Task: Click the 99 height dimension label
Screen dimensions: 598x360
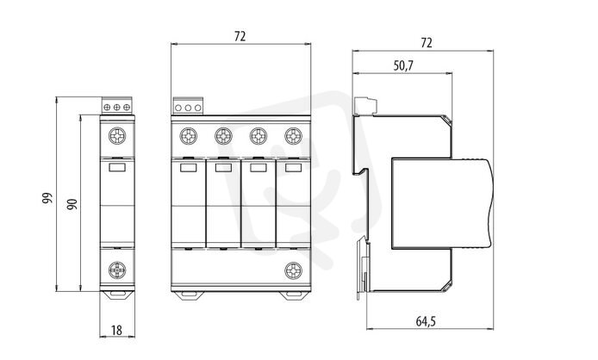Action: (47, 198)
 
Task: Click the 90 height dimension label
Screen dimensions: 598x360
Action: (72, 203)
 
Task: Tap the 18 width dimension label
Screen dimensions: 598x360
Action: (116, 330)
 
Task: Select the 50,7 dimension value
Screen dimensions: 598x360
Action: (403, 65)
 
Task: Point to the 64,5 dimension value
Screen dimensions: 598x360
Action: (426, 321)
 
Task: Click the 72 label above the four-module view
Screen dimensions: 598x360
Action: (240, 36)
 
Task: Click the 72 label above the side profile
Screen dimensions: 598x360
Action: (426, 43)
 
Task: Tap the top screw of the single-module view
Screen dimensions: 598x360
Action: (117, 136)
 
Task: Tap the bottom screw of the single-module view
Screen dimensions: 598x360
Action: (117, 270)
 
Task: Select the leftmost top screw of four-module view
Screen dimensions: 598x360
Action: (189, 136)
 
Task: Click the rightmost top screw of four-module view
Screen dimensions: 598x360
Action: (293, 136)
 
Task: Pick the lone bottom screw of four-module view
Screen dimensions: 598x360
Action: (293, 270)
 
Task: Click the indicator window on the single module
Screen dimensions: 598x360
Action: (116, 167)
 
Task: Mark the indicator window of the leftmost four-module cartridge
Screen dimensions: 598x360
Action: (189, 167)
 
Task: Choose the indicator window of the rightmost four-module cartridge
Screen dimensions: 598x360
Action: (293, 167)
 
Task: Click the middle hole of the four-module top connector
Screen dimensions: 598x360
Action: (188, 108)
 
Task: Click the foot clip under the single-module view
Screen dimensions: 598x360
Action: (117, 295)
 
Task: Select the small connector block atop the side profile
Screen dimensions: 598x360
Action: (365, 106)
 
